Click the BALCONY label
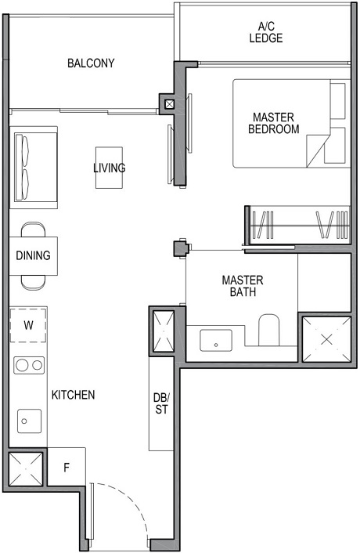click(x=91, y=63)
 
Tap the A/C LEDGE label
click(x=265, y=32)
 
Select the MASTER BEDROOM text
click(x=273, y=123)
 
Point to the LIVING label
click(x=109, y=168)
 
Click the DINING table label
click(x=33, y=255)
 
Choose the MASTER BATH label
click(x=243, y=286)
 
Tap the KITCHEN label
click(x=74, y=395)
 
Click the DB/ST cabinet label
click(x=161, y=403)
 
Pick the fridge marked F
click(x=67, y=469)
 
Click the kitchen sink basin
click(x=27, y=421)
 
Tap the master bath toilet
click(x=269, y=330)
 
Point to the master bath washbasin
click(x=214, y=341)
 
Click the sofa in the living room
click(x=33, y=165)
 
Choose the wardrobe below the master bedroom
click(x=296, y=225)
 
